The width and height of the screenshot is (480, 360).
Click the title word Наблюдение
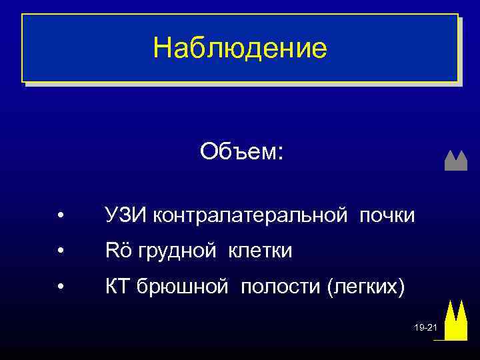point(240,48)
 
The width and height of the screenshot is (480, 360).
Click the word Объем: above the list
point(241,151)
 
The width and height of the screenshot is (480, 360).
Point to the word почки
point(387,215)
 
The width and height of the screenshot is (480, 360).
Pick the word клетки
point(261,251)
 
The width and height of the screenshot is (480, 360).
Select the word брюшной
point(183,287)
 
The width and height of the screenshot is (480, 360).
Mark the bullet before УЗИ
point(60,216)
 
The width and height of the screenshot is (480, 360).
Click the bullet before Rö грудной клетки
point(60,252)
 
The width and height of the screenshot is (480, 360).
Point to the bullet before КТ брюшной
point(60,288)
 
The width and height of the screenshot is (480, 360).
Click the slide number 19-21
point(425,328)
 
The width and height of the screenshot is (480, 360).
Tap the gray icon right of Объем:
point(455,161)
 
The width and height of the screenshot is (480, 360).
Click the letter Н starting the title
point(161,48)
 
